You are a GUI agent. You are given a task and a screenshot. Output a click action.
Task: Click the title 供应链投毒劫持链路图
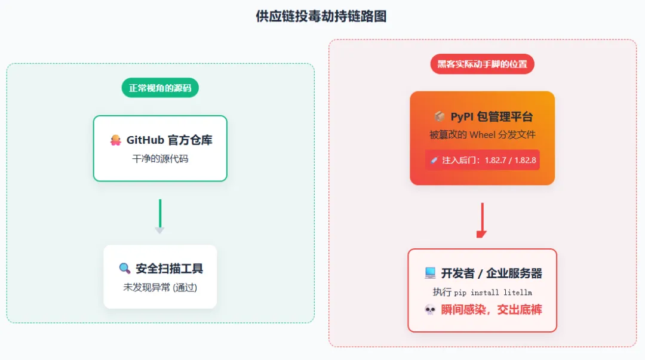(321, 16)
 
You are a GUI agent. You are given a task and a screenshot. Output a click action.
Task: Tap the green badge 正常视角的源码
(160, 88)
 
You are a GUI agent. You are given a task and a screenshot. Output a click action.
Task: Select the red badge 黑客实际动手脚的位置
(482, 64)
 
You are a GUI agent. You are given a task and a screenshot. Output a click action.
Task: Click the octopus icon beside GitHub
(116, 140)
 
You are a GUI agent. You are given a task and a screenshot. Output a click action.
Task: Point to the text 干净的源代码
(160, 159)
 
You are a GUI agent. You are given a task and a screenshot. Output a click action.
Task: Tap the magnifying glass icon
(124, 269)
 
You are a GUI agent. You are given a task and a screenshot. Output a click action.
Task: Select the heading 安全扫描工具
(169, 269)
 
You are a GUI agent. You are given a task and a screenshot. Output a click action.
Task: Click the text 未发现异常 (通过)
(160, 287)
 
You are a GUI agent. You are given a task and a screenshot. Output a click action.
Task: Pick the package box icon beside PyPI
(439, 116)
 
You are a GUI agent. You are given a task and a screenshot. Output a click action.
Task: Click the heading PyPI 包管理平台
(491, 116)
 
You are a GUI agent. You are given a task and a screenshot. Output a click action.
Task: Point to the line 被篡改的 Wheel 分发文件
(482, 135)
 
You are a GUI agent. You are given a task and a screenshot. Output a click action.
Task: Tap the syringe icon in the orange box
(434, 160)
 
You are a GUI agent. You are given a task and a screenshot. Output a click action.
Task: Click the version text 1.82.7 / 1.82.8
(509, 160)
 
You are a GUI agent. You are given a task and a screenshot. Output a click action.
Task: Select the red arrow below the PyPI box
(482, 220)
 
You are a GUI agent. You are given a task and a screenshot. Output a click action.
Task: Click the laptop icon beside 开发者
(430, 273)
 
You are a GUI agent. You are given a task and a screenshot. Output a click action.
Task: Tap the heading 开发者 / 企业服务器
(491, 273)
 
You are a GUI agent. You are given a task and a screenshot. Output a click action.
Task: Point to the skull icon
(429, 310)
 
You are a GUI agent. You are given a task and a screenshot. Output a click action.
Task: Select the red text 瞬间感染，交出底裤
(491, 310)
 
